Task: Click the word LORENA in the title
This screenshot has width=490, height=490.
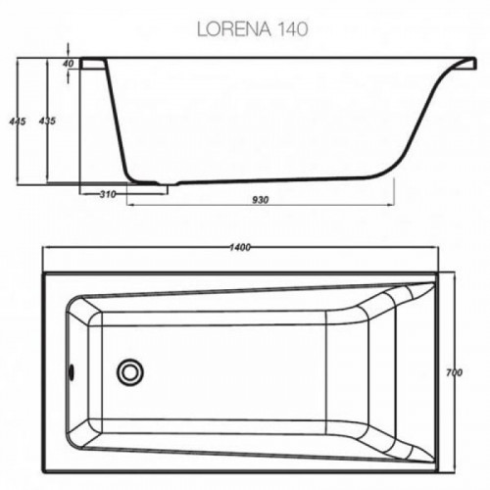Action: pos(234,29)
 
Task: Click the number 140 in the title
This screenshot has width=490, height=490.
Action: pos(292,29)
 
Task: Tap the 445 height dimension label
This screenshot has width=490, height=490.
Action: pos(18,122)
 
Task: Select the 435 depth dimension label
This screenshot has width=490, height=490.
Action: pos(47,121)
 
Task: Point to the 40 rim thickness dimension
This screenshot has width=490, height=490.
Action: pos(69,64)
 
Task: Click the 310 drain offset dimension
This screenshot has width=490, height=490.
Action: pos(108,194)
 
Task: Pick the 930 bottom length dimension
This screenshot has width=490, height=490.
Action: pos(261,200)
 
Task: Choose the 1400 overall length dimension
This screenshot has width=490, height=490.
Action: pos(240,248)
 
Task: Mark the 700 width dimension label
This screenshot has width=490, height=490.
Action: pos(454,372)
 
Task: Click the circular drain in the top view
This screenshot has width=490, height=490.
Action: pos(130,372)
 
